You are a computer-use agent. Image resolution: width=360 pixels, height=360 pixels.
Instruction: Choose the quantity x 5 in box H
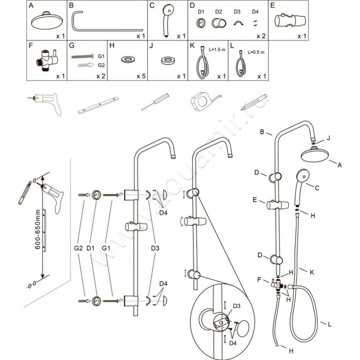tap(141, 76)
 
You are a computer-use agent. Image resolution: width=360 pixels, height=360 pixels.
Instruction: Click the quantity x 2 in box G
tap(100, 76)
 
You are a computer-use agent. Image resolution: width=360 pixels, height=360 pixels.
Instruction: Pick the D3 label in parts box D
tap(237, 11)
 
